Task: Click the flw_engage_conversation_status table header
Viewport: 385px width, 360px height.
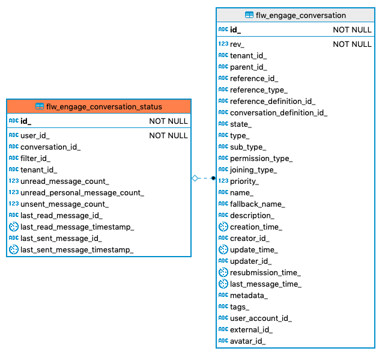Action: coord(104,106)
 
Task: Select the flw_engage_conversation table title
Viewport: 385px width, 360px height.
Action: coord(300,15)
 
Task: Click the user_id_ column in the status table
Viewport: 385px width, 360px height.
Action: coord(35,136)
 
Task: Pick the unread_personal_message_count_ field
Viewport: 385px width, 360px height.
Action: coord(82,193)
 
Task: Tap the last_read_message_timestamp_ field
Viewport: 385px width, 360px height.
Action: coord(77,227)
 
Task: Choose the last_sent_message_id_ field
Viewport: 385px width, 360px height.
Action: coord(61,238)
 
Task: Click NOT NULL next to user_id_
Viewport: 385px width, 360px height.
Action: coord(168,136)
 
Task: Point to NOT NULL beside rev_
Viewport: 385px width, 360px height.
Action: coord(352,44)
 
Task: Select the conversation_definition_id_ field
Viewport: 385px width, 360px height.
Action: coord(279,112)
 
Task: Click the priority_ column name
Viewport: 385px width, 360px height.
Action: coord(244,181)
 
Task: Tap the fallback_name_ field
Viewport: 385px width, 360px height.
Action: coord(258,204)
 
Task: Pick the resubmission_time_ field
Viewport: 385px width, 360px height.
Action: coord(265,272)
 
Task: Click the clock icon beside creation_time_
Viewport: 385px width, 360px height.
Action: coord(223,227)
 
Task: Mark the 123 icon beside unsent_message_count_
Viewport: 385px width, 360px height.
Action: coord(13,204)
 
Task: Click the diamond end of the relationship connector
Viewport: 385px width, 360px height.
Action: coord(195,178)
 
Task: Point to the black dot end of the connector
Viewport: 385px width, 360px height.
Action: coord(213,178)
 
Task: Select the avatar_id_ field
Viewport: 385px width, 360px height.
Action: coord(248,341)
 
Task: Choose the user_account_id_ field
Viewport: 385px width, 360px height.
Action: coord(261,318)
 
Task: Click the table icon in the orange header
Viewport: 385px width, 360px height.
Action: coord(40,106)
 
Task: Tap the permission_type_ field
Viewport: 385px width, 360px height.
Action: coord(261,158)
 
